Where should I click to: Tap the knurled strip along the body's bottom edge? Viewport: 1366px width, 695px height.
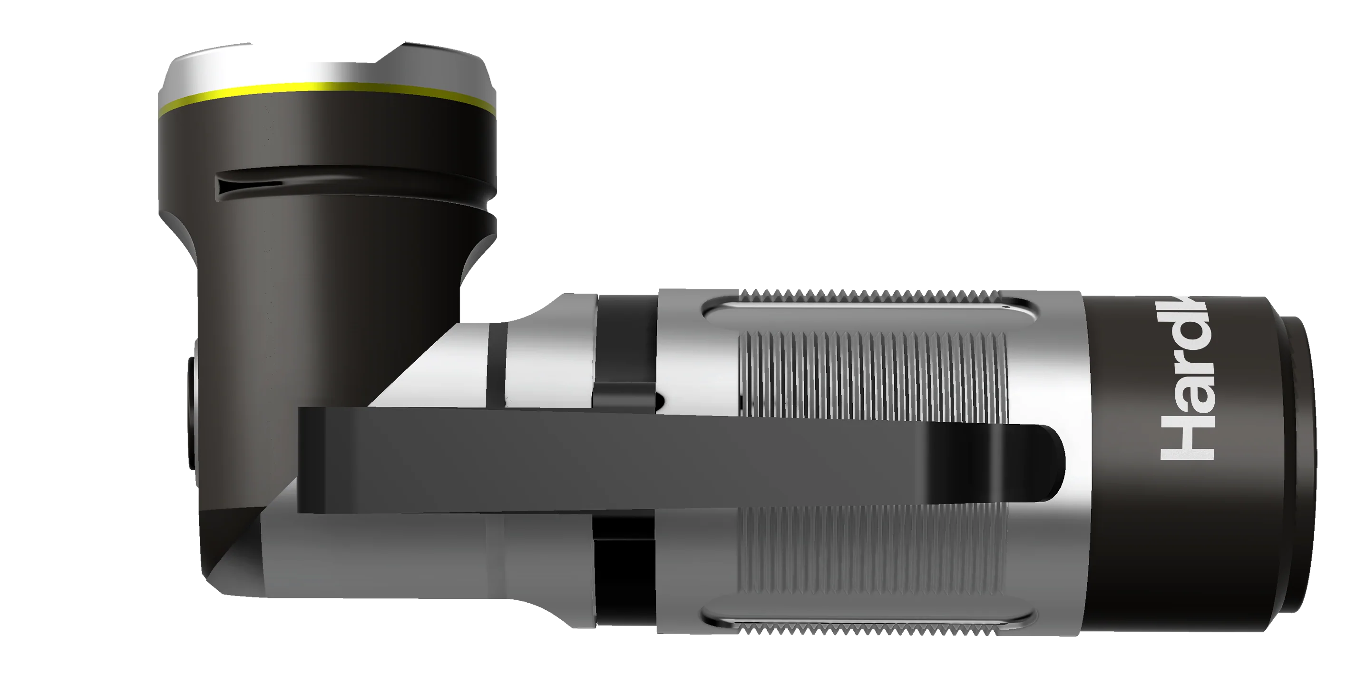tap(869, 629)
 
